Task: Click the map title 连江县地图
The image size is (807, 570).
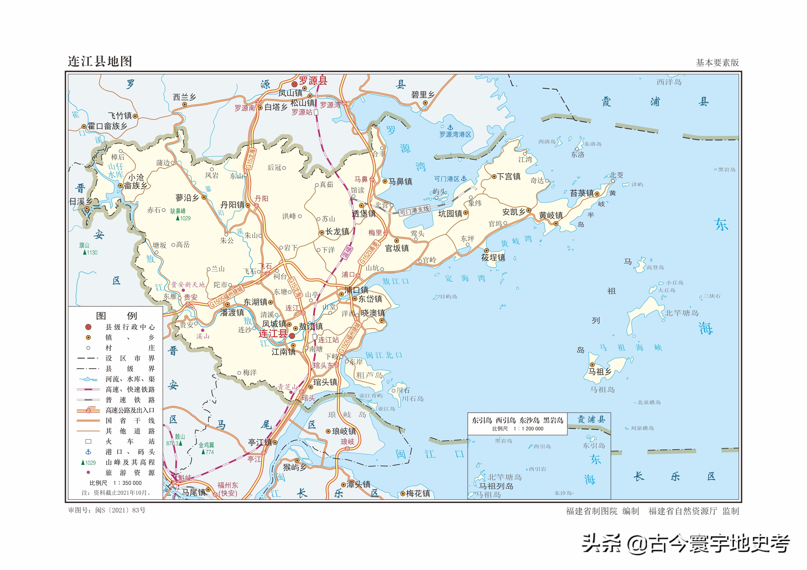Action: [x=100, y=61]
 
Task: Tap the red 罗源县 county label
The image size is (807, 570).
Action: [x=313, y=81]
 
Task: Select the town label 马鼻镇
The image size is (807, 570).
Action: [x=400, y=182]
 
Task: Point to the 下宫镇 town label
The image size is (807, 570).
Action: [x=509, y=177]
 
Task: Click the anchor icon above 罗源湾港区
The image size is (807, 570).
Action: [x=450, y=128]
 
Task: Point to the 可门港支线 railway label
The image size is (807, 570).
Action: [x=414, y=210]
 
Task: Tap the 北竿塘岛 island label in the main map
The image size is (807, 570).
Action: [x=682, y=313]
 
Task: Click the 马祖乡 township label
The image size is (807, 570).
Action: [x=600, y=372]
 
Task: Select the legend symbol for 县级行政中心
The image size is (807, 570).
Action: [x=88, y=327]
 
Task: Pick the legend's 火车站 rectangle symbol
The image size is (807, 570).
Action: [x=88, y=442]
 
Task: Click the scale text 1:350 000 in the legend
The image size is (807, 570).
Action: [x=127, y=483]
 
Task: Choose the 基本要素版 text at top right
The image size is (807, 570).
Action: [x=717, y=63]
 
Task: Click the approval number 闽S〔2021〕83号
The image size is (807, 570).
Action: [x=120, y=510]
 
